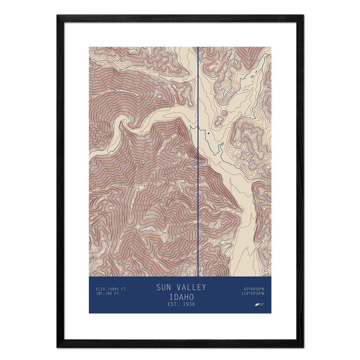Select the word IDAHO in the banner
tap(181, 297)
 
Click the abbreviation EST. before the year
tap(173, 304)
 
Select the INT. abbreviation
tap(101, 293)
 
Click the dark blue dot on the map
tap(208, 133)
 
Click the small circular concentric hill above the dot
tap(224, 113)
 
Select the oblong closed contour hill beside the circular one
tap(218, 121)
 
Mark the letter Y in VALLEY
tap(204, 287)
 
